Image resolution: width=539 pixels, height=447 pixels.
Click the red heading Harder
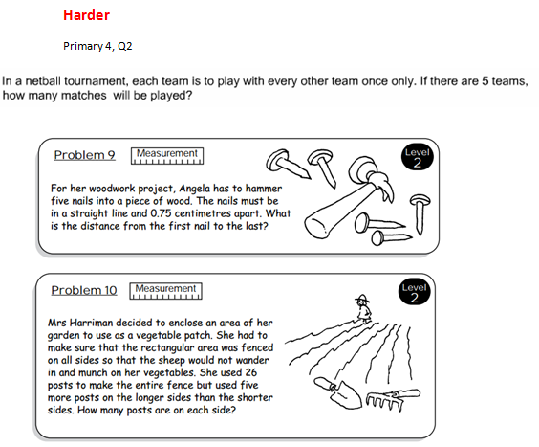(86, 15)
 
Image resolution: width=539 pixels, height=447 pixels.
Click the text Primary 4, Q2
(97, 46)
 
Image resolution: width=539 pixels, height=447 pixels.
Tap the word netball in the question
(43, 81)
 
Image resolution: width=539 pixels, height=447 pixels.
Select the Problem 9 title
(84, 155)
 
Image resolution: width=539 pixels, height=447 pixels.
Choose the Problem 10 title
(84, 290)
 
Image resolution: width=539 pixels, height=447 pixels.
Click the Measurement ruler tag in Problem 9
(167, 156)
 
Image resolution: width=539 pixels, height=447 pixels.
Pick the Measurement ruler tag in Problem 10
(165, 291)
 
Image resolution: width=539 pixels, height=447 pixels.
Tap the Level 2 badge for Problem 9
(418, 157)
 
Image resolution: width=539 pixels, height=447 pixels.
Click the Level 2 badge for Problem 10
(414, 292)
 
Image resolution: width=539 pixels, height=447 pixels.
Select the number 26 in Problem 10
(251, 372)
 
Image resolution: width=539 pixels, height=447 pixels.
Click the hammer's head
(371, 176)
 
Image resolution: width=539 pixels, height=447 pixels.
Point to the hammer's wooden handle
(338, 210)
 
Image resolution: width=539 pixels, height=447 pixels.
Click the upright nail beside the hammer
(420, 213)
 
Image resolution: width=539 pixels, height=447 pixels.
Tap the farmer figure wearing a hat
(362, 309)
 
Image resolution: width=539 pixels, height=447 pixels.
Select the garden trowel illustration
(338, 393)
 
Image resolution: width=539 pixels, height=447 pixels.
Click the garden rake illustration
(392, 399)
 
